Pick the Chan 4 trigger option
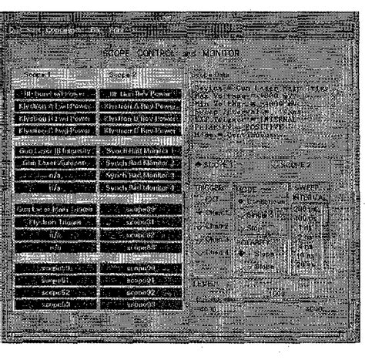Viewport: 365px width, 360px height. point(203,251)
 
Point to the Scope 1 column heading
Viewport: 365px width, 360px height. point(39,76)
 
